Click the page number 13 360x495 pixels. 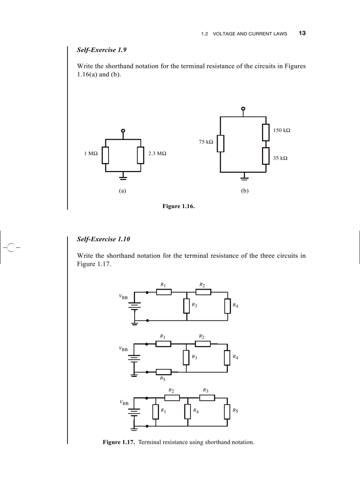click(302, 33)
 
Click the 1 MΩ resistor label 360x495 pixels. click(90, 153)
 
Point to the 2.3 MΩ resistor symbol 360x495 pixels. click(140, 155)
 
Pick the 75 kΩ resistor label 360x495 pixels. click(206, 142)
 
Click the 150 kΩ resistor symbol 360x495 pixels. click(266, 132)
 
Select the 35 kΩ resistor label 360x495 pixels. click(280, 158)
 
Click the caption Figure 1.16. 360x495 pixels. click(178, 206)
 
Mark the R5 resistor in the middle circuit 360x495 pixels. click(164, 372)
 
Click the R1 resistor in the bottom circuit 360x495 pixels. click(155, 412)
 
